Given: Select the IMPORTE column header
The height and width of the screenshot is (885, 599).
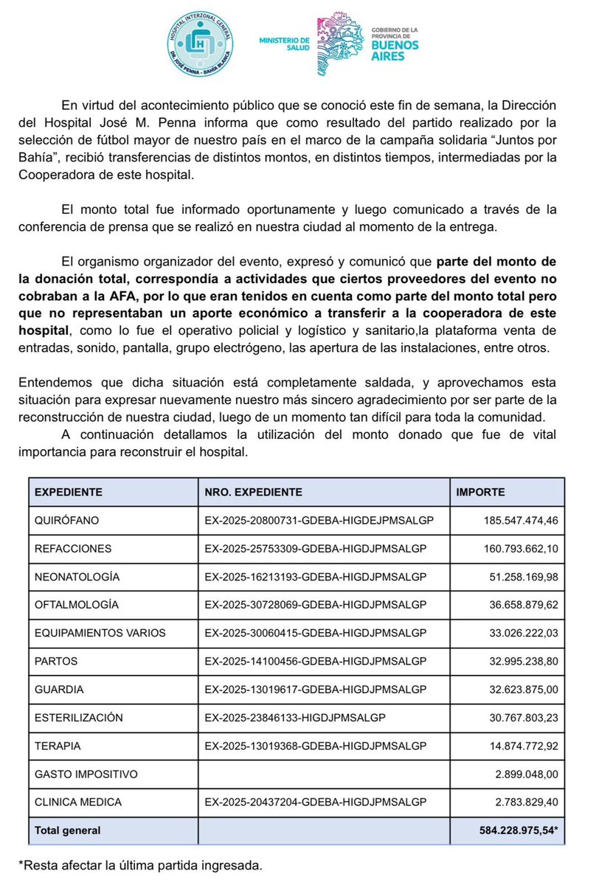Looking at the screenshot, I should pos(481,492).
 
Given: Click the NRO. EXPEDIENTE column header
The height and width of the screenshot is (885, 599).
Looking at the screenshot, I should pos(253,492).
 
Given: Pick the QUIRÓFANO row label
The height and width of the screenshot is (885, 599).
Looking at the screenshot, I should pos(67,520).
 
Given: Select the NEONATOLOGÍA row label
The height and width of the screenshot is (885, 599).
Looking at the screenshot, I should pos(77,576).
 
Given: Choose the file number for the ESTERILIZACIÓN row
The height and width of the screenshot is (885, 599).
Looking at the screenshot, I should pos(295,717).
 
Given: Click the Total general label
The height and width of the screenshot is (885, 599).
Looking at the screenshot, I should pos(68,830).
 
